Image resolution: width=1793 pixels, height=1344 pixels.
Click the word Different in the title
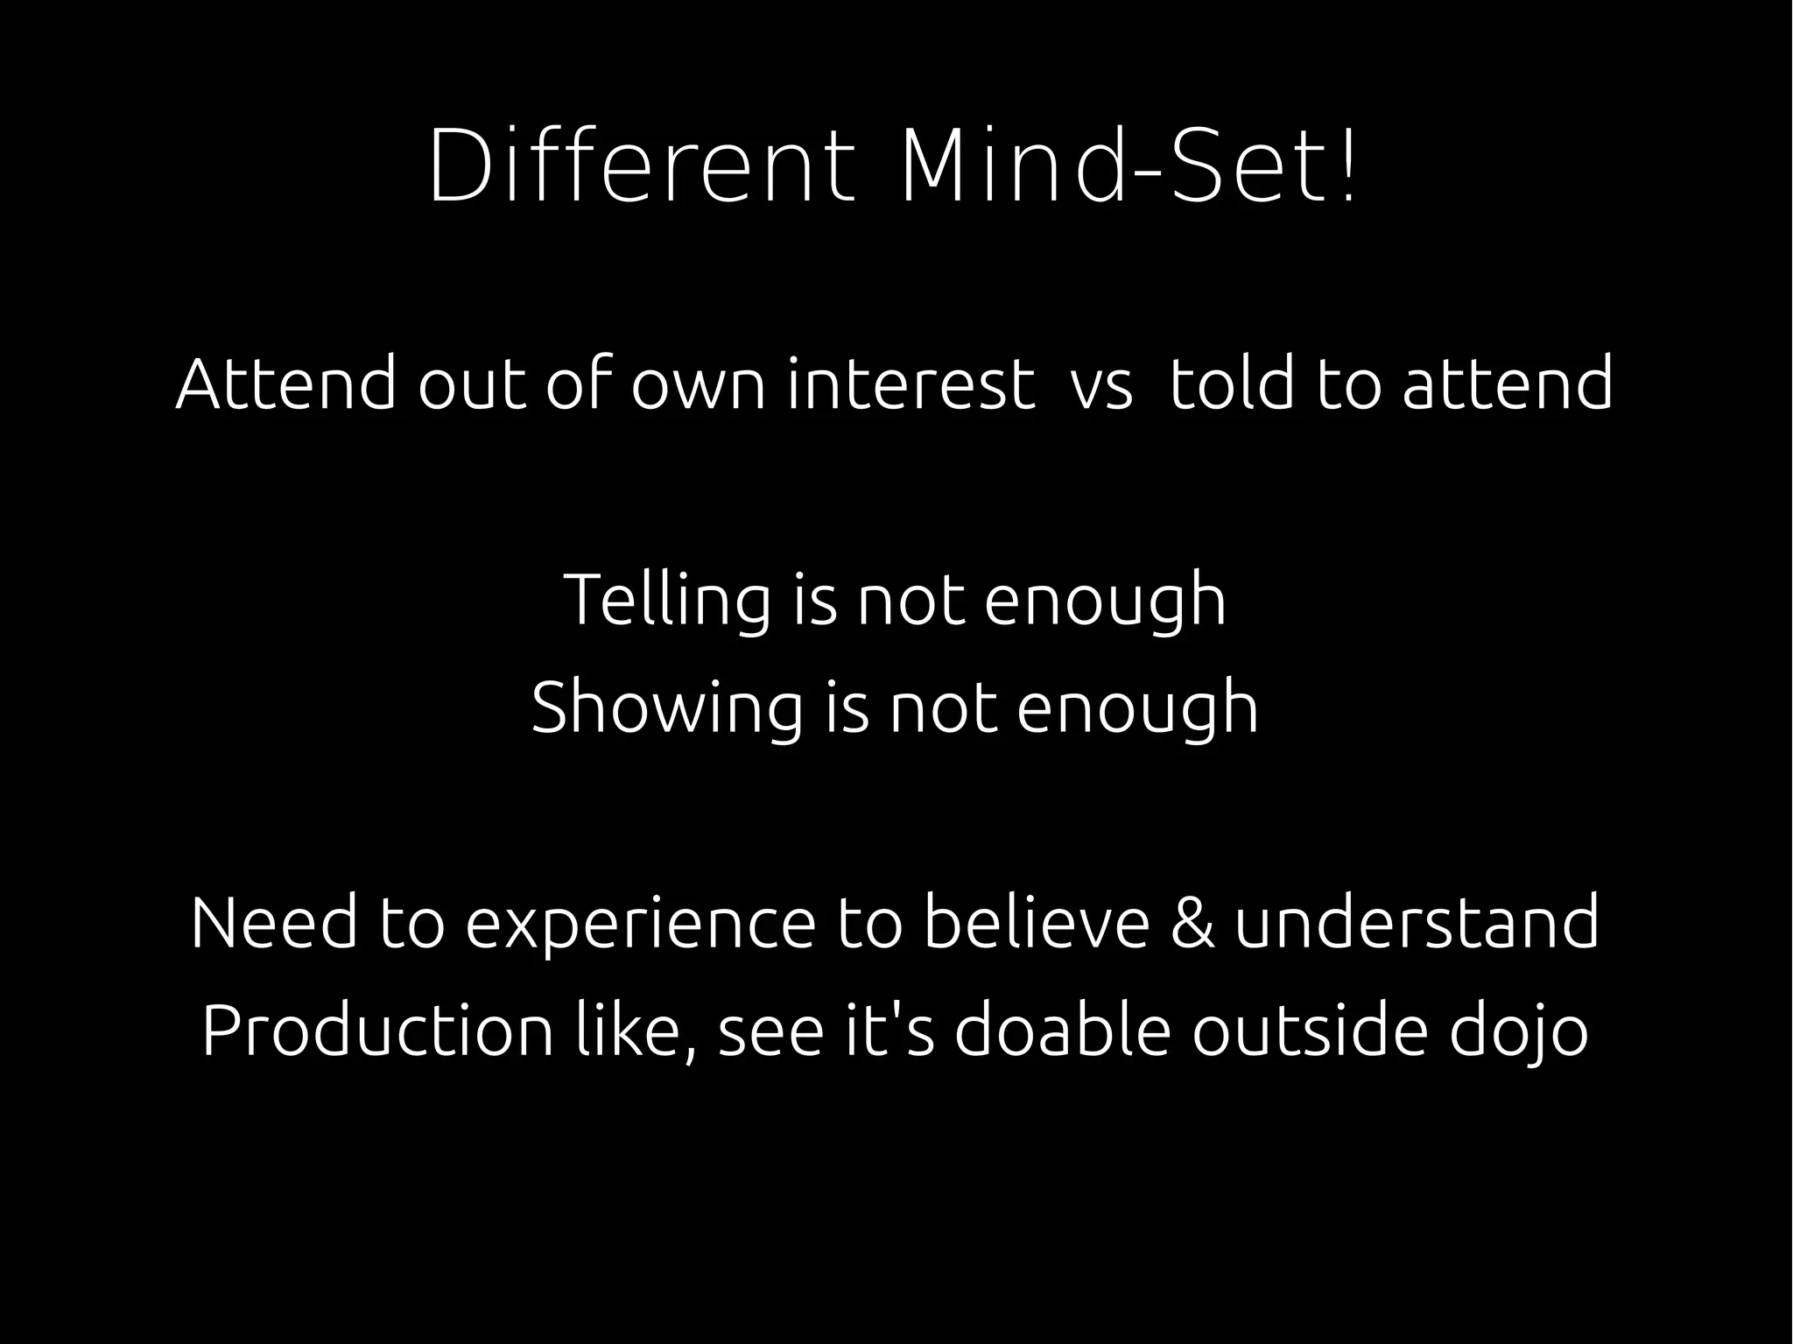point(640,166)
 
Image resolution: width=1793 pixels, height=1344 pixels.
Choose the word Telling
point(666,601)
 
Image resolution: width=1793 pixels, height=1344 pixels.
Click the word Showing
point(666,708)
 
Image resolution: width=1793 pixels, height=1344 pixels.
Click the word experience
point(640,925)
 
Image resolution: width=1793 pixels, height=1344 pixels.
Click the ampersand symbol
point(1192,923)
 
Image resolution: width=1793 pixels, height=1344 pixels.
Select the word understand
point(1417,923)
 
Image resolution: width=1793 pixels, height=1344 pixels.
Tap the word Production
point(377,1031)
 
